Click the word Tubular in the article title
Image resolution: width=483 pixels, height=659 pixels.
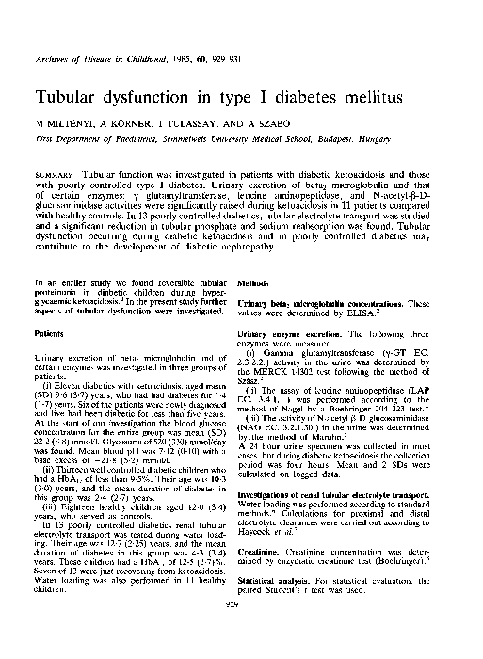pyautogui.click(x=71, y=98)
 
